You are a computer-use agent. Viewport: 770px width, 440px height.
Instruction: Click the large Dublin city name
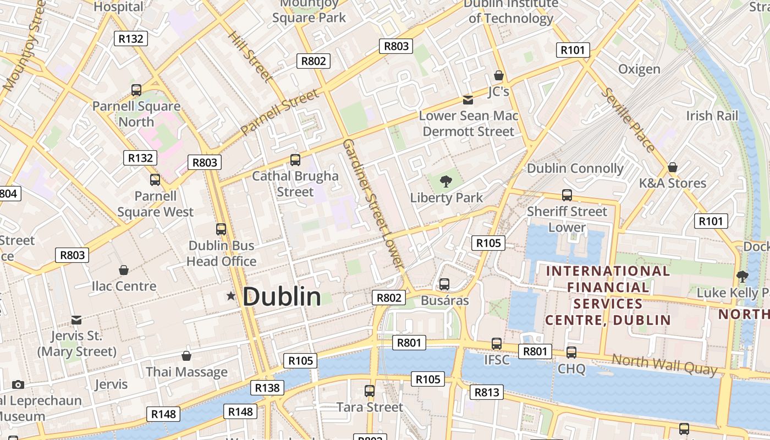[x=282, y=297]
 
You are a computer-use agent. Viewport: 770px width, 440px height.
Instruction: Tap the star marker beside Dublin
[x=231, y=296]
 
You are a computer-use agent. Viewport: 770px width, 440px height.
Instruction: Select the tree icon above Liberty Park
[x=446, y=180]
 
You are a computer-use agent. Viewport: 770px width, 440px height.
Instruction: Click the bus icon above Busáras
[x=444, y=284]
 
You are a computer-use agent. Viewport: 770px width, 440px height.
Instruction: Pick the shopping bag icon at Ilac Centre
[x=124, y=270]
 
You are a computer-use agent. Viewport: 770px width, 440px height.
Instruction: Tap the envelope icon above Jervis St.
[x=76, y=320]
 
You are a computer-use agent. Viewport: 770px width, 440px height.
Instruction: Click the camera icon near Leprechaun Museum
[x=18, y=384]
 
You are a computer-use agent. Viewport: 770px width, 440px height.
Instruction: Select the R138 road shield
[x=267, y=388]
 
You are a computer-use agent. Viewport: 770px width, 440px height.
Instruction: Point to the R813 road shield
[x=487, y=392]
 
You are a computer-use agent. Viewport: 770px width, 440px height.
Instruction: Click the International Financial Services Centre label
[x=608, y=295]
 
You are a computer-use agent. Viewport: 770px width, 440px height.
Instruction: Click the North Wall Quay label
[x=664, y=364]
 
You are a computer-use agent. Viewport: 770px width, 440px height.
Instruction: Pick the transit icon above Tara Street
[x=370, y=391]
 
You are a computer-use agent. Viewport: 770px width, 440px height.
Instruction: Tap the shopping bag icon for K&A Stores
[x=672, y=167]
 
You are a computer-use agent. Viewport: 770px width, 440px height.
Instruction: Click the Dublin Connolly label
[x=575, y=168]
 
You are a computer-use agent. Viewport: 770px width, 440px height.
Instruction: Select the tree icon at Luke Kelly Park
[x=742, y=276]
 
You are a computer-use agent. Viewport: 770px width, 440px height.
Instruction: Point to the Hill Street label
[x=250, y=56]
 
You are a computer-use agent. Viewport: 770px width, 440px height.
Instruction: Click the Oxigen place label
[x=639, y=69]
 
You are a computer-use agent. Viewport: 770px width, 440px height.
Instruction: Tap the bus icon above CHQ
[x=571, y=353]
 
